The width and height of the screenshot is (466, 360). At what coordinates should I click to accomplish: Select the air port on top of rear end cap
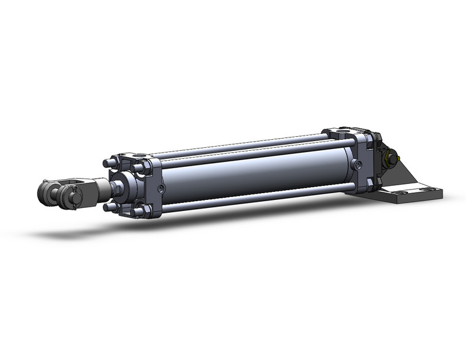coord(342,131)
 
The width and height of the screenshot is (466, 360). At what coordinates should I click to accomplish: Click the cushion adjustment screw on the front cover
coord(161,189)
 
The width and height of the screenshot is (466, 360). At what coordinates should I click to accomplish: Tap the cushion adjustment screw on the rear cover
coord(358,164)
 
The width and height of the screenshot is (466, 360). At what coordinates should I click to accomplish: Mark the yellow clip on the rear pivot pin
coord(387,161)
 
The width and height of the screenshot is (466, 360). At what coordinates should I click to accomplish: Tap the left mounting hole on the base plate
coord(399,192)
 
